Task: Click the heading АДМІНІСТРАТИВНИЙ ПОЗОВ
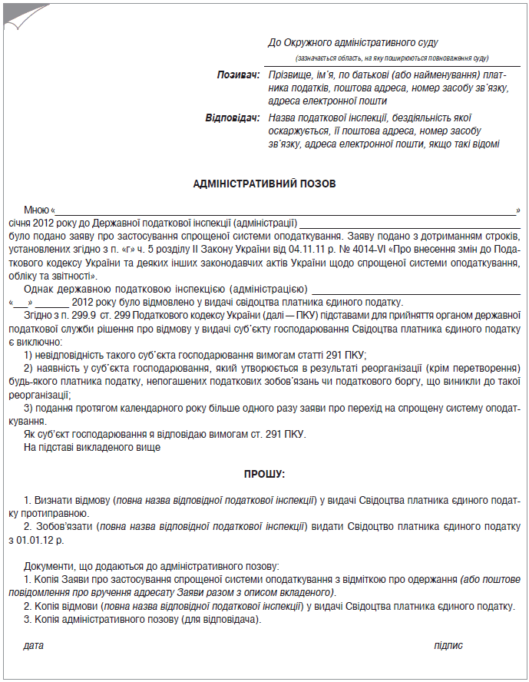click(264, 184)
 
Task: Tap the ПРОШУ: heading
click(264, 475)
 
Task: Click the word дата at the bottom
click(34, 646)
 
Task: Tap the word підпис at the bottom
click(448, 646)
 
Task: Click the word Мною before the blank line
click(36, 210)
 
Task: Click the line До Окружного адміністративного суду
click(352, 43)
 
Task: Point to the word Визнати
click(55, 500)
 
